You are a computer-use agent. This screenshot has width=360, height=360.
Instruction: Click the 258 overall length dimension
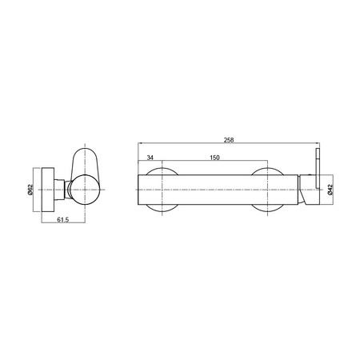(229, 140)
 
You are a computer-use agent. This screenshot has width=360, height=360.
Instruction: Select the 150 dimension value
(214, 158)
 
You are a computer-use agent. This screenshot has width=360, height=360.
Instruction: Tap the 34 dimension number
(150, 158)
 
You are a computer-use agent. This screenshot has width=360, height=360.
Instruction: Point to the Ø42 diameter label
(330, 190)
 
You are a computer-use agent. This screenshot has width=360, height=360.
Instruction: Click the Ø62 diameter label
(30, 190)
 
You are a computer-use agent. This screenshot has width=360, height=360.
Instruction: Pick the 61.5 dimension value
(63, 220)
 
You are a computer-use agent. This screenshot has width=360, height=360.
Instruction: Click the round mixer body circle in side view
(85, 190)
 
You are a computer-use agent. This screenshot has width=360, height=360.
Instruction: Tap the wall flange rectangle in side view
(48, 190)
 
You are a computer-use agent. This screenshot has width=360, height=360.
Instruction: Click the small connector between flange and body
(59, 190)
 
